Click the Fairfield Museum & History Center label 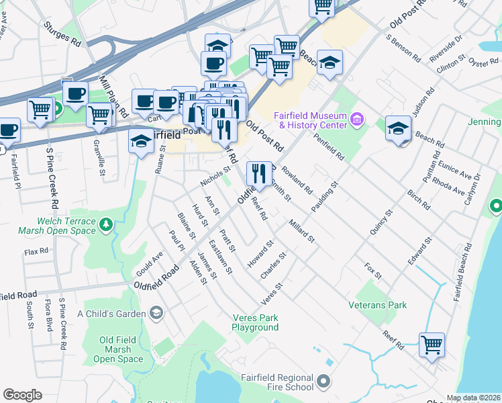[311, 120]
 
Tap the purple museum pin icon [357, 120]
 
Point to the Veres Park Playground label [255, 322]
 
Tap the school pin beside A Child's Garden [156, 313]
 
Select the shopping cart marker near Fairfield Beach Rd [432, 345]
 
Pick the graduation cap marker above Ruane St [141, 142]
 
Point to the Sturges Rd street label [61, 33]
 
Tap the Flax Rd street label [36, 251]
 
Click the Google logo [22, 395]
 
